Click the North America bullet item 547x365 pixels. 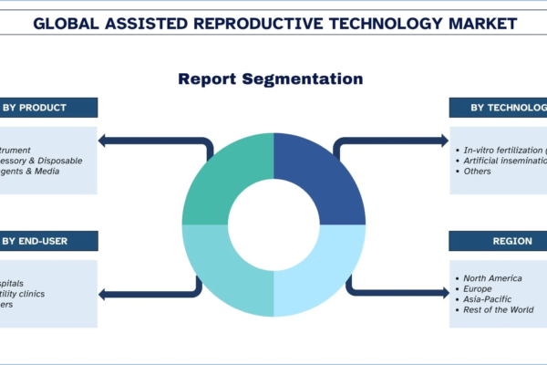[491, 277]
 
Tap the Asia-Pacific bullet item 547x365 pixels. [489, 299]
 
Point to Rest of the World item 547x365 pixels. [498, 310]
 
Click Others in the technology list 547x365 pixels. [477, 171]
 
